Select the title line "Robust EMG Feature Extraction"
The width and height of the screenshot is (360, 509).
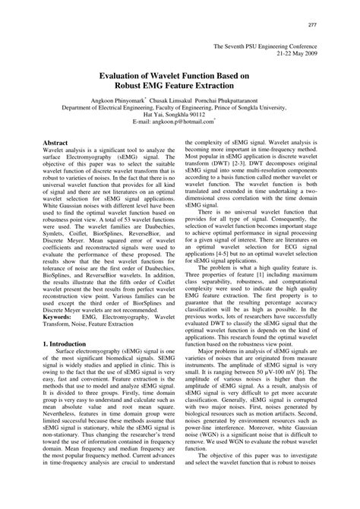[179, 86]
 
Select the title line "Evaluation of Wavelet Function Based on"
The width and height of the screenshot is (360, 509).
[179, 76]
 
